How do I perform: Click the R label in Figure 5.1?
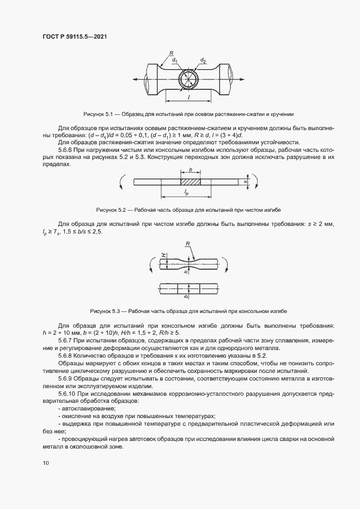[x=170, y=53]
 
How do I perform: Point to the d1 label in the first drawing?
[x=175, y=60]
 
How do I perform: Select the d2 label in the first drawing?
[x=203, y=60]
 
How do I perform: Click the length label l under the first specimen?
[x=188, y=96]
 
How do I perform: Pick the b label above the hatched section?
[x=190, y=170]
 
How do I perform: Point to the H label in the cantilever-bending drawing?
[x=162, y=255]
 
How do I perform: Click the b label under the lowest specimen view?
[x=186, y=297]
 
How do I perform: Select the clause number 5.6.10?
[x=68, y=393]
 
